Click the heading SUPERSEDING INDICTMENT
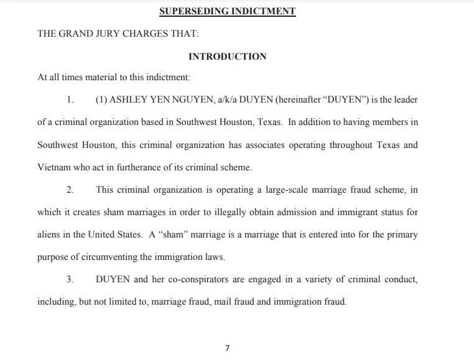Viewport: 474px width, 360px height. (227, 11)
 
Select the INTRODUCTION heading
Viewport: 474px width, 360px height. (227, 57)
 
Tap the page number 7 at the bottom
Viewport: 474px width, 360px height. (227, 348)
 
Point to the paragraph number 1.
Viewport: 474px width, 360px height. (70, 100)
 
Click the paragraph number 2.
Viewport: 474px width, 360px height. (70, 190)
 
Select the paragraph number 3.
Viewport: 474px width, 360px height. (70, 279)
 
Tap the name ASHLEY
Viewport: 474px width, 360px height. (129, 100)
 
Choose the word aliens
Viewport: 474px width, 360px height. (50, 234)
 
